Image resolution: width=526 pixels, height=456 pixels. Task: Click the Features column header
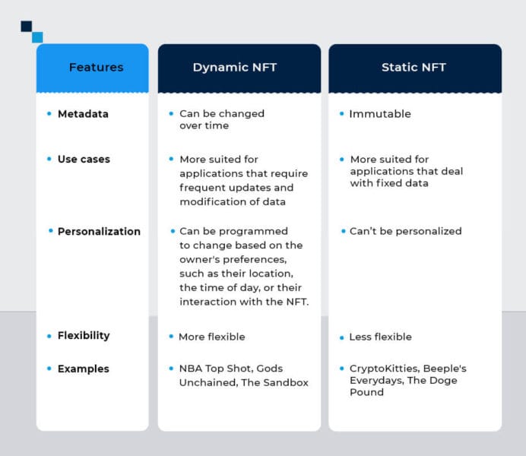pyautogui.click(x=96, y=68)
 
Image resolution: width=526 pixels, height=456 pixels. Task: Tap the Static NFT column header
pyautogui.click(x=414, y=68)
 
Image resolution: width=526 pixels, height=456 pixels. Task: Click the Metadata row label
pyautogui.click(x=83, y=114)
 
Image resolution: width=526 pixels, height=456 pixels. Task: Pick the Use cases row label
pyautogui.click(x=84, y=160)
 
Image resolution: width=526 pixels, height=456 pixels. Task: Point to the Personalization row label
pyautogui.click(x=99, y=232)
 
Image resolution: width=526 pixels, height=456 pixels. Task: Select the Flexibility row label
pyautogui.click(x=84, y=336)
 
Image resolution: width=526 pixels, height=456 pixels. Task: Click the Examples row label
pyautogui.click(x=83, y=369)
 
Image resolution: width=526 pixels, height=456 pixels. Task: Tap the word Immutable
pyautogui.click(x=379, y=114)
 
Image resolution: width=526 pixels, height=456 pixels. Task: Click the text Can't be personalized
pyautogui.click(x=405, y=231)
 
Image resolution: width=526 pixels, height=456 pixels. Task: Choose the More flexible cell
pyautogui.click(x=211, y=337)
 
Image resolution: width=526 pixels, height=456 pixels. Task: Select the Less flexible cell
pyautogui.click(x=380, y=337)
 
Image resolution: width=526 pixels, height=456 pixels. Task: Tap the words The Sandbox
pyautogui.click(x=274, y=383)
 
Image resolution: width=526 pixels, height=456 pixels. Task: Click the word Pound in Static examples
pyautogui.click(x=366, y=393)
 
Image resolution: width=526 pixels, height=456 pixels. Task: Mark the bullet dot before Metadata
pyautogui.click(x=49, y=114)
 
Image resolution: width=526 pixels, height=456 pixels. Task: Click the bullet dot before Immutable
pyautogui.click(x=341, y=114)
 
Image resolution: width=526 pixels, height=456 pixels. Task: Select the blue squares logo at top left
pyautogui.click(x=32, y=31)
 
